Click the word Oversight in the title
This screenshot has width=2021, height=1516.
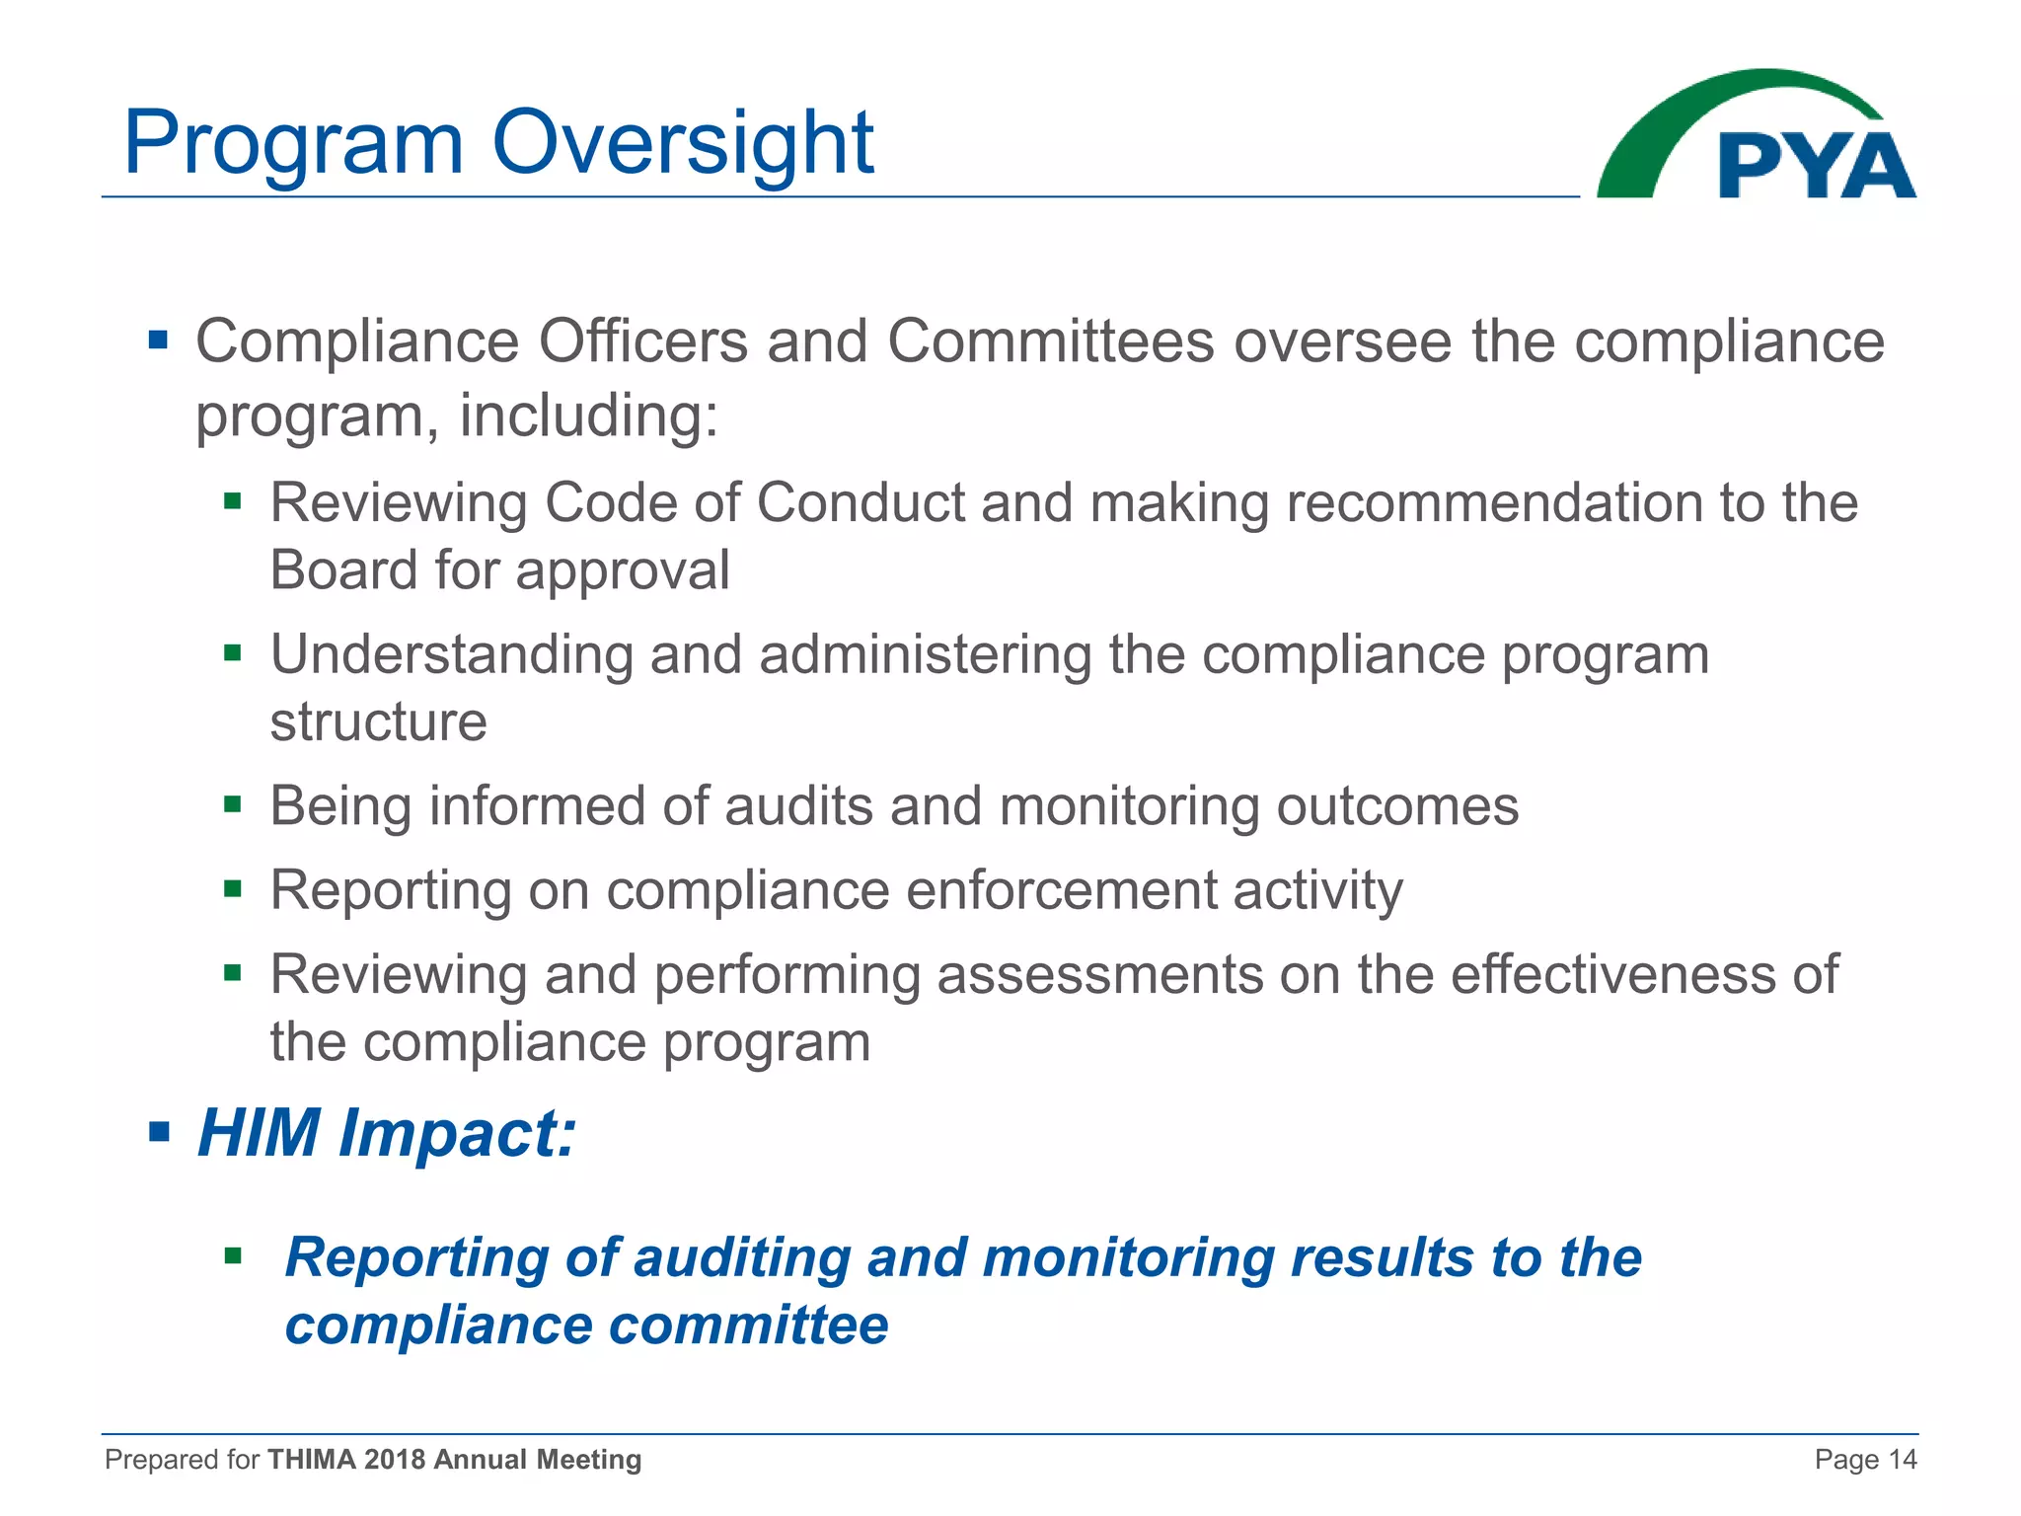point(682,143)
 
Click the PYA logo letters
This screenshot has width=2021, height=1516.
point(1816,166)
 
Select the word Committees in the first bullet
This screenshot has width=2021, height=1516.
point(1050,341)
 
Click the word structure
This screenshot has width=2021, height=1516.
point(378,721)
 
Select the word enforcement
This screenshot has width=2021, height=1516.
point(1061,889)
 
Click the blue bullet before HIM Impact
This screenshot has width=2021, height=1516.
point(159,1130)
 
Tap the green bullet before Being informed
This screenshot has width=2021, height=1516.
point(233,804)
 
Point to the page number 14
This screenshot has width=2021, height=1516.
point(1902,1460)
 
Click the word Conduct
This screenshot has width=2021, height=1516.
point(860,502)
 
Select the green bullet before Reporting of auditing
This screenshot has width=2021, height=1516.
point(233,1256)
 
